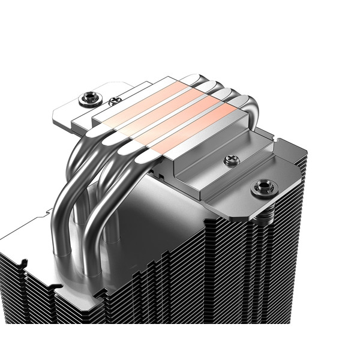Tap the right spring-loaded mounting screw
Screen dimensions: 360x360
coord(262,188)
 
